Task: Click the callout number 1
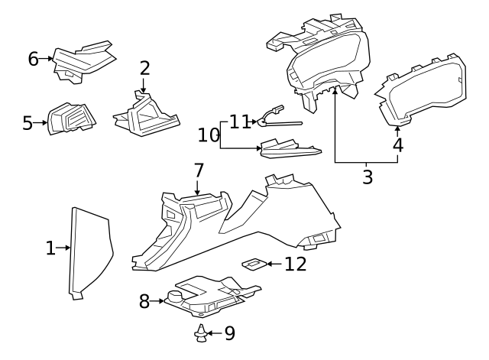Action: (x=50, y=248)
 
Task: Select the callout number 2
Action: (x=144, y=68)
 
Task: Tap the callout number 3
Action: (x=368, y=177)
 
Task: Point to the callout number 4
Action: (x=397, y=144)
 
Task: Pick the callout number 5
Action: (x=28, y=122)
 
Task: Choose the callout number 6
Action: (x=33, y=58)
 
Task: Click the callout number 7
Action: (x=198, y=170)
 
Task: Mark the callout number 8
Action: (x=144, y=301)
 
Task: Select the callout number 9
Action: (x=229, y=333)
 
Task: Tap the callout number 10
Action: (x=208, y=135)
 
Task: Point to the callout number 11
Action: (x=240, y=121)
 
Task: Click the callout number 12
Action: (x=295, y=264)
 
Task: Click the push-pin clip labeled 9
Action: (x=200, y=332)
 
